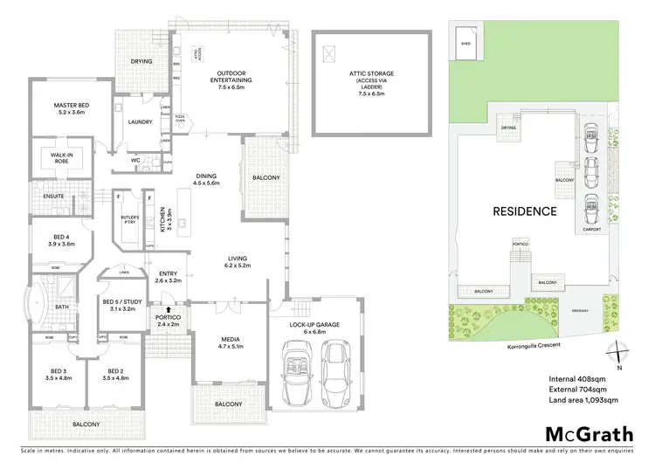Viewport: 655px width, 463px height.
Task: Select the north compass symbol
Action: pyautogui.click(x=618, y=354)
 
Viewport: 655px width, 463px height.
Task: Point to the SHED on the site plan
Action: pyautogui.click(x=466, y=42)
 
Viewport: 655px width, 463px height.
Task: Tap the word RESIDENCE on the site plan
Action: pyautogui.click(x=525, y=211)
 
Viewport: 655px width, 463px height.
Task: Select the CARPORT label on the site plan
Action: pyautogui.click(x=591, y=231)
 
